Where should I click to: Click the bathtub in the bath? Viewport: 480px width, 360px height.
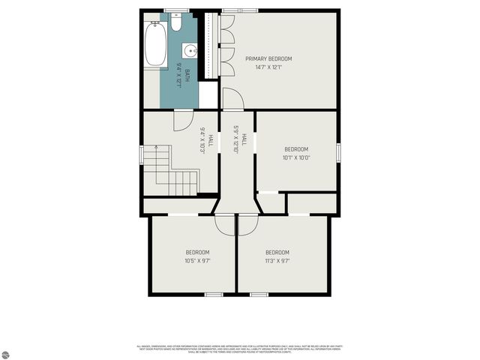point(156,44)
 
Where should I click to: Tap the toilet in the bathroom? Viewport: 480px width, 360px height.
point(175,23)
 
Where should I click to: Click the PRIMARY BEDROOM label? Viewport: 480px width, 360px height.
point(268,58)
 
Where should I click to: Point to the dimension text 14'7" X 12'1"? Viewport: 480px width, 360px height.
point(268,67)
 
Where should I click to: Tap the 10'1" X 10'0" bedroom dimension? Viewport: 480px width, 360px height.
point(296,157)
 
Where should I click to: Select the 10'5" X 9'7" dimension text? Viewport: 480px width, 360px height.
point(197,260)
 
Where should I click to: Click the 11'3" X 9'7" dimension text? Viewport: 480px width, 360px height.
point(277,260)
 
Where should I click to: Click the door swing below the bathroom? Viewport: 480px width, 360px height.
point(183,120)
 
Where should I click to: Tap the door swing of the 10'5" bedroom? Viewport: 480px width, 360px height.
point(224,223)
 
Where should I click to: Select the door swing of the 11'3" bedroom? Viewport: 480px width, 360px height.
point(248,223)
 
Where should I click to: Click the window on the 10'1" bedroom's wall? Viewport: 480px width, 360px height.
point(338,151)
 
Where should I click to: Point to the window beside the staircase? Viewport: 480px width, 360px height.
point(141,154)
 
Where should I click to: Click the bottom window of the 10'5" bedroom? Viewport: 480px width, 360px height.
point(214,294)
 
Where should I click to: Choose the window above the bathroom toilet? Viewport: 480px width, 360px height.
point(175,10)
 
